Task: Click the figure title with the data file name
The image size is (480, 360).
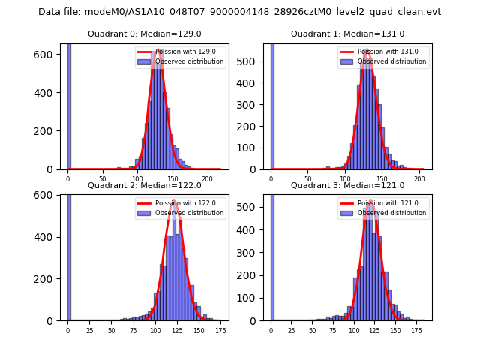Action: coord(239,12)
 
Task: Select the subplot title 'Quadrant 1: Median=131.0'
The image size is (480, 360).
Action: coord(347,34)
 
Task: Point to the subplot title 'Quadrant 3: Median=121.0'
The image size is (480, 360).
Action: coord(347,185)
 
